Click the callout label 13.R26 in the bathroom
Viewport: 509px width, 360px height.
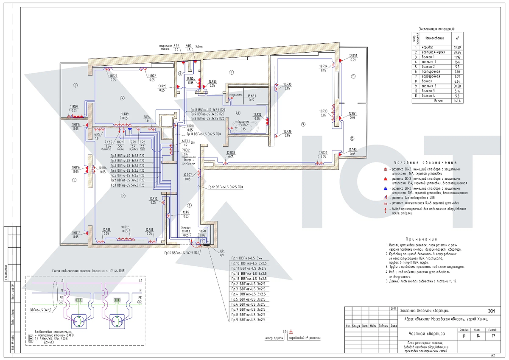(257, 114)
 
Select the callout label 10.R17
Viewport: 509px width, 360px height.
(76, 233)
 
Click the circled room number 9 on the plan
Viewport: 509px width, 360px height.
(303, 124)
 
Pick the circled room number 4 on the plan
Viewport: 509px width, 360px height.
(122, 98)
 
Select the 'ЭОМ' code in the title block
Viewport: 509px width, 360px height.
(492, 312)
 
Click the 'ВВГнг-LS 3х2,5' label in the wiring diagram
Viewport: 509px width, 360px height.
(41, 310)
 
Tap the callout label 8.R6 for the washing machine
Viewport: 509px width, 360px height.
(177, 45)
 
